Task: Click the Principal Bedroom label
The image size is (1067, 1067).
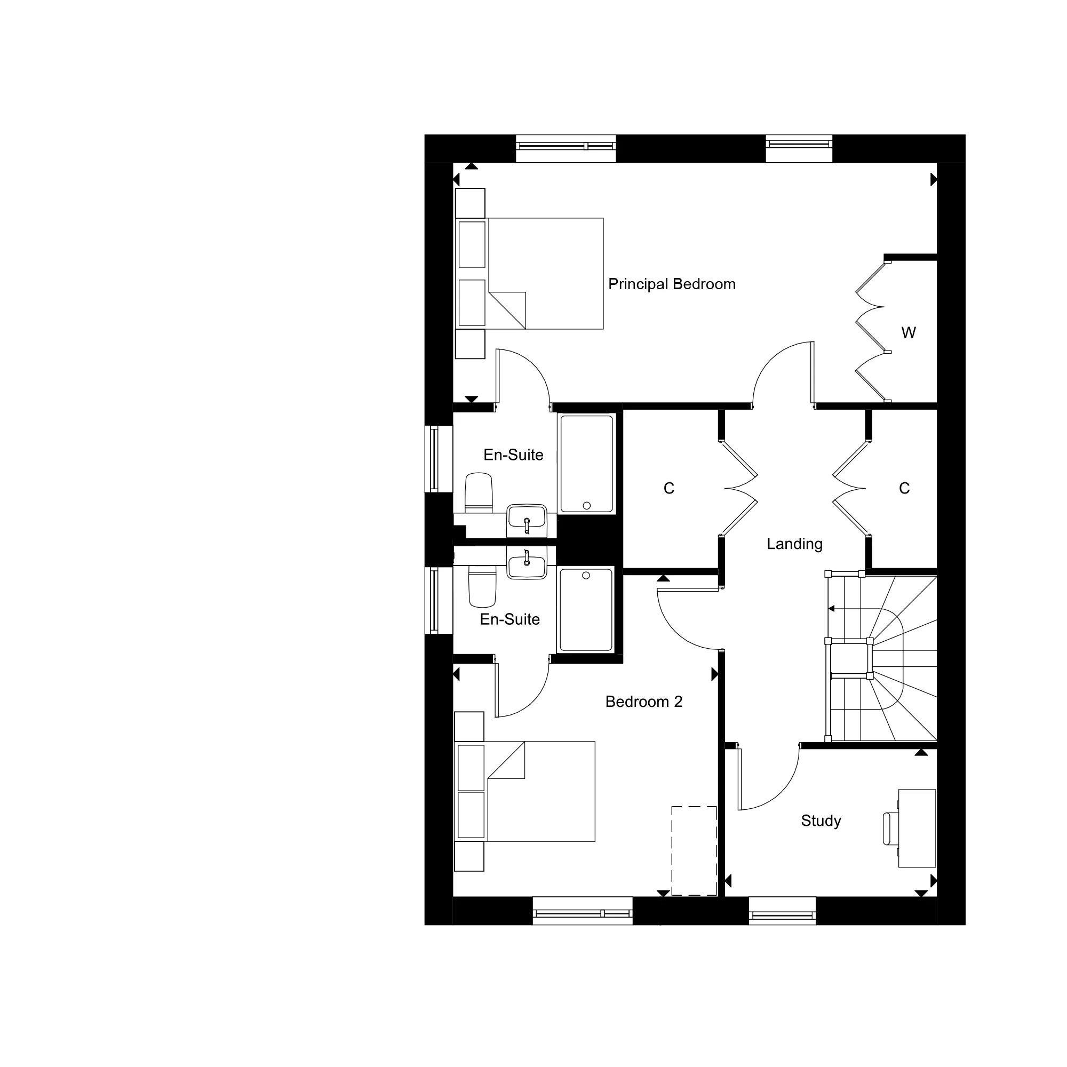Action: coord(672,284)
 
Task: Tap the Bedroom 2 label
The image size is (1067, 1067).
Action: coord(644,702)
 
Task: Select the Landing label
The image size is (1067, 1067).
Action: coord(795,544)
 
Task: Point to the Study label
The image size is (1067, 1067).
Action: coord(821,821)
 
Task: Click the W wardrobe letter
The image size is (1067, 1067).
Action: coord(909,332)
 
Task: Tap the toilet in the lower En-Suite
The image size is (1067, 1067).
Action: coord(482,586)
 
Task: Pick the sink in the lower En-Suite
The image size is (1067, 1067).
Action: coord(527,563)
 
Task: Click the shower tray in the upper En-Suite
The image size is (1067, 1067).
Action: coord(586,464)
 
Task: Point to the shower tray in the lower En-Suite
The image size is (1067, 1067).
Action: coord(586,610)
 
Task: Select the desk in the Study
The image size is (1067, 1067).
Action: coord(917,829)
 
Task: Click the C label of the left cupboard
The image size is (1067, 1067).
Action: coord(669,488)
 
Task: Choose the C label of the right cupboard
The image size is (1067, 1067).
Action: coord(904,488)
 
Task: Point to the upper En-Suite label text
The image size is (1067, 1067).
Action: coord(513,455)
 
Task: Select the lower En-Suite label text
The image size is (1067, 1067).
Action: coord(509,619)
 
